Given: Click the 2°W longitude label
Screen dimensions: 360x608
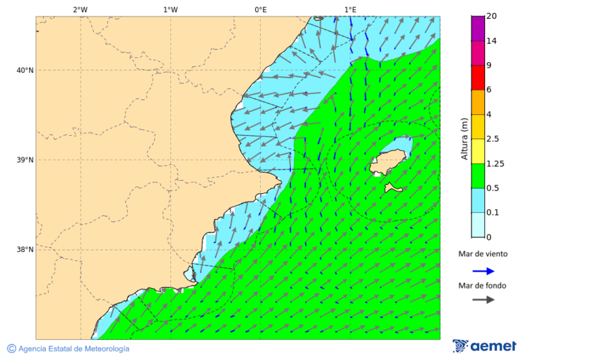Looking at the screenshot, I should click(80, 9).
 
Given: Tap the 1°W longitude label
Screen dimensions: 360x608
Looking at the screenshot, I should click(171, 9).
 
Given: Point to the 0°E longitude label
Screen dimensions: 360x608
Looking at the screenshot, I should click(260, 9).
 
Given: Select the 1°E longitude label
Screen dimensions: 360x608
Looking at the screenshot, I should click(350, 9).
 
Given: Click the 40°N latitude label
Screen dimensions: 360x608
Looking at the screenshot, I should click(25, 70).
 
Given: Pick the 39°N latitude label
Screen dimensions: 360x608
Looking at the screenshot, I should click(25, 160).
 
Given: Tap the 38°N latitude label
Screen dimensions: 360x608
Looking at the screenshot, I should click(25, 250).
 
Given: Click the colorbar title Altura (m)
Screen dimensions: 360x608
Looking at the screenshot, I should click(464, 138).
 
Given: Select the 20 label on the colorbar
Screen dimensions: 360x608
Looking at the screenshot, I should click(492, 16).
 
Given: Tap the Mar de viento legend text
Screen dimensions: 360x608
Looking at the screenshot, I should click(482, 254).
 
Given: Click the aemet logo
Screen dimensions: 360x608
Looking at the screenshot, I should click(484, 346).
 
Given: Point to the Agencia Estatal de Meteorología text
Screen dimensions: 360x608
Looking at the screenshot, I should click(73, 349).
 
